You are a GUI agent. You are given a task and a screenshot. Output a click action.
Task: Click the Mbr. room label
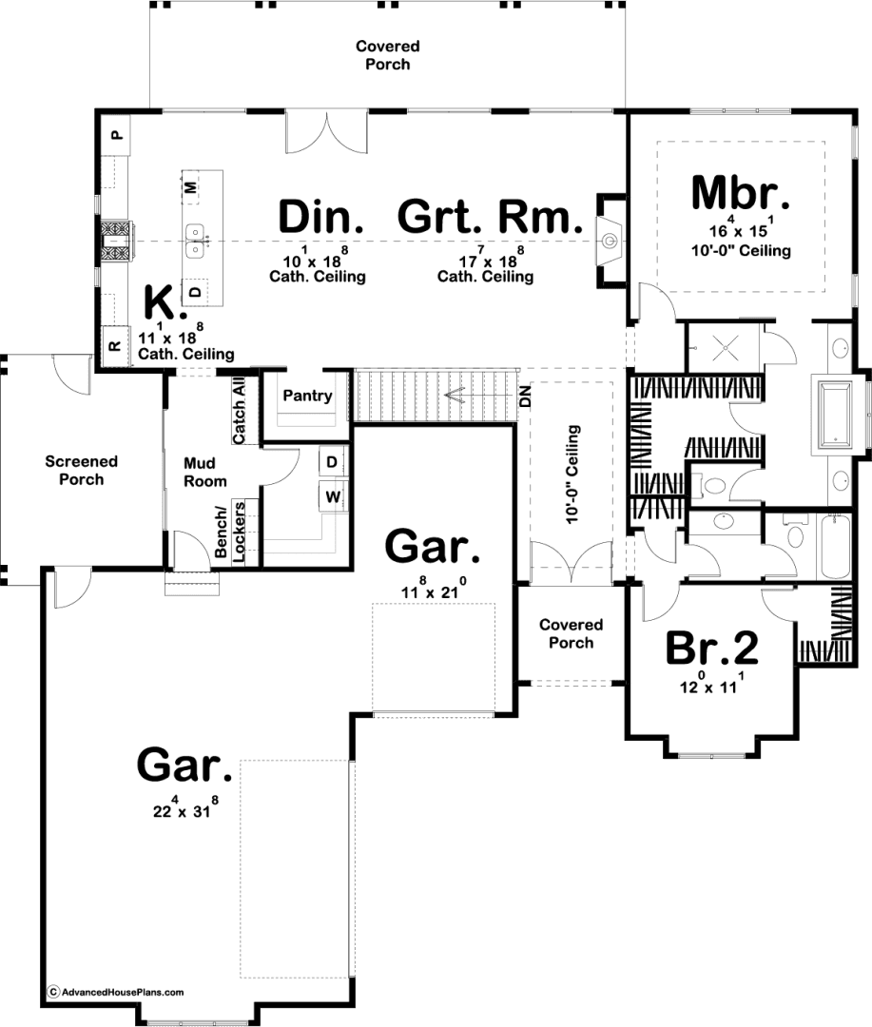pos(741,193)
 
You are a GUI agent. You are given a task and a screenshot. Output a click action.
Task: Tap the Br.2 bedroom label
pos(712,648)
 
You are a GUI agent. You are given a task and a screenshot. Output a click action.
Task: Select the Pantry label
pos(307,396)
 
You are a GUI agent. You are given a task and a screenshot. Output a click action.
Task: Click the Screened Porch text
pos(81,471)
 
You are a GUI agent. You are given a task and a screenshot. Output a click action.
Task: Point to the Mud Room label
pos(205,473)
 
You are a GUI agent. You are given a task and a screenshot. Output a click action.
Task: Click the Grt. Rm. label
pos(490,217)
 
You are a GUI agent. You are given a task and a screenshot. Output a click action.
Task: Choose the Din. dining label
pos(321,217)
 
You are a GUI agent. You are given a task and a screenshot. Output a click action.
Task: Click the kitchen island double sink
pos(195,241)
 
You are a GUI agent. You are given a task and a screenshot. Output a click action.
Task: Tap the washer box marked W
pos(333,496)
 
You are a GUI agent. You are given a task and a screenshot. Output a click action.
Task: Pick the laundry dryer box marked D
pos(332,462)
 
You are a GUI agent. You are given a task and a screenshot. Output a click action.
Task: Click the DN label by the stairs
pos(526,397)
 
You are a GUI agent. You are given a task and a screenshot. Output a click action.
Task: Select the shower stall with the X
pos(725,347)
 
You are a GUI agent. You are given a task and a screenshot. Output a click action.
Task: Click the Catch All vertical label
pos(239,410)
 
